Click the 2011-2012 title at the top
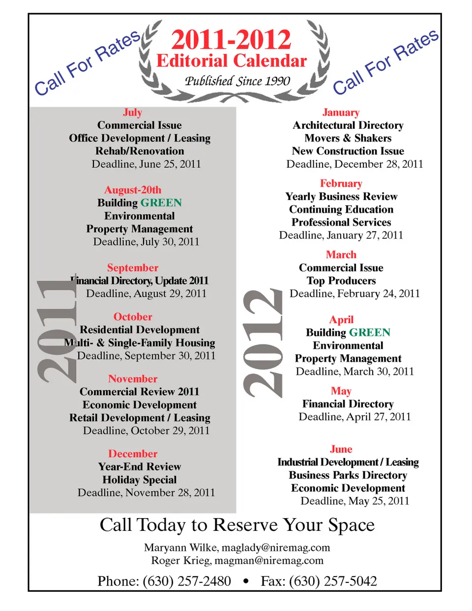click(231, 40)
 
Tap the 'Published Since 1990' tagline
click(237, 81)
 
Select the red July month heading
click(132, 112)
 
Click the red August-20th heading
click(133, 190)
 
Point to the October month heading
click(133, 317)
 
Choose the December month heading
click(133, 453)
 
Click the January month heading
click(341, 112)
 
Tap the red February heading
click(341, 183)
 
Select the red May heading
click(341, 391)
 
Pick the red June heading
click(341, 449)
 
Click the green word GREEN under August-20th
click(161, 203)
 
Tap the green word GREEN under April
click(370, 332)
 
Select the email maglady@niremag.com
click(275, 548)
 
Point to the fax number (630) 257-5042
click(333, 581)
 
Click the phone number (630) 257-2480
click(187, 581)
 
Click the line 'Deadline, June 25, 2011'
click(146, 164)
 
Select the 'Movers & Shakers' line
click(348, 138)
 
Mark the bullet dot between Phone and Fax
click(246, 582)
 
